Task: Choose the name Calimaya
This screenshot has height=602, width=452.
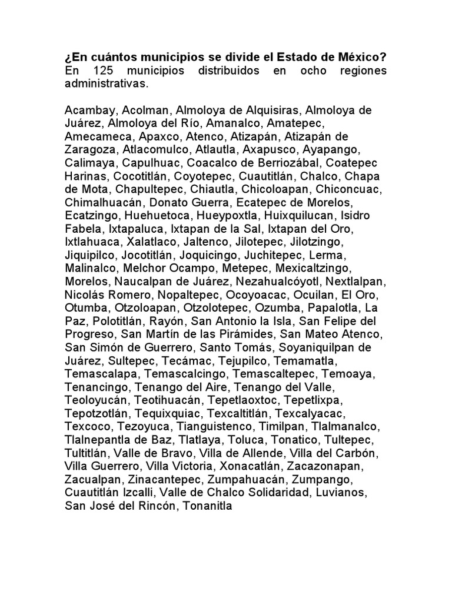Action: [x=88, y=163]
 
